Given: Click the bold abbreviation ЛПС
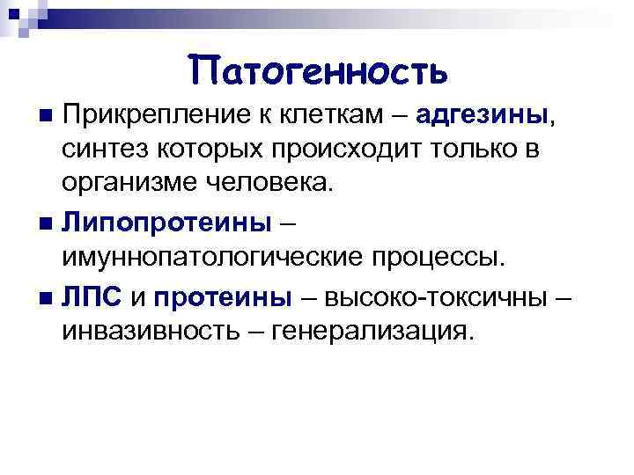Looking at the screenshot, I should pyautogui.click(x=92, y=296).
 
